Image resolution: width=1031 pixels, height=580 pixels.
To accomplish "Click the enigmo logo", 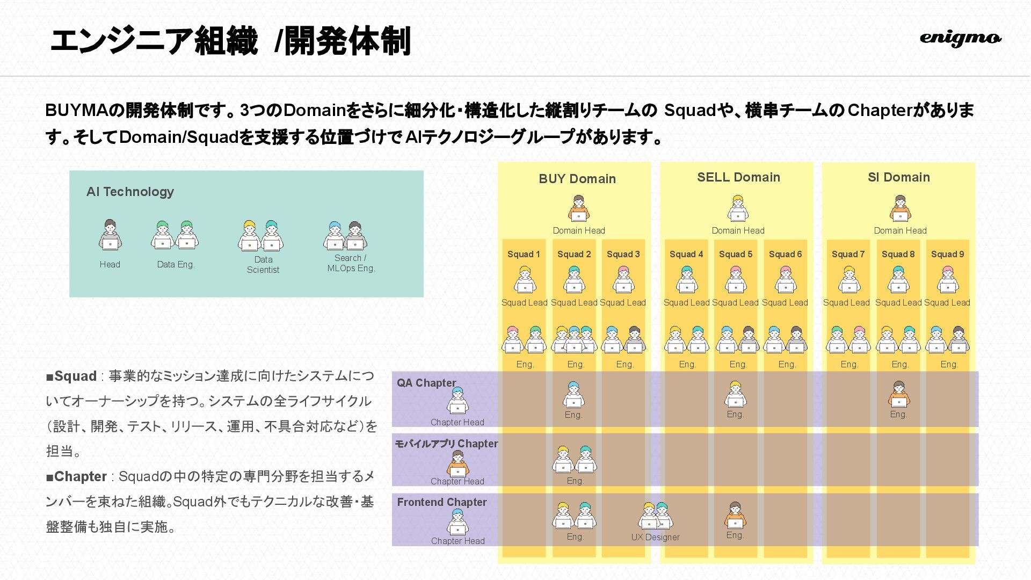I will tap(960, 38).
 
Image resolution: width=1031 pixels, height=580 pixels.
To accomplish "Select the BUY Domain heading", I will tap(577, 179).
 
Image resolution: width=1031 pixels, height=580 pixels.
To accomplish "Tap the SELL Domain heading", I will tap(738, 177).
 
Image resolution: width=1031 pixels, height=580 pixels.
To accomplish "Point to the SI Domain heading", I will tap(899, 177).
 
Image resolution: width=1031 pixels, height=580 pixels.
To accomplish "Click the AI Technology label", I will tap(130, 192).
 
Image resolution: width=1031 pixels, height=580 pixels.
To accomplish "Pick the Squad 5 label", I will tap(736, 254).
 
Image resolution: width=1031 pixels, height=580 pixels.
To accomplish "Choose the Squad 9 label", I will tap(947, 254).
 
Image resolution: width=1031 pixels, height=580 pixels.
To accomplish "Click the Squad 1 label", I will tap(524, 254).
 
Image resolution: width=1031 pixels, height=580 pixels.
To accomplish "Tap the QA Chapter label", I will tap(426, 383).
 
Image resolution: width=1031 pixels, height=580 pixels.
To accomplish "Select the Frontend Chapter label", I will tap(442, 502).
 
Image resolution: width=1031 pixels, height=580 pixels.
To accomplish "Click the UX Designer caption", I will tap(655, 537).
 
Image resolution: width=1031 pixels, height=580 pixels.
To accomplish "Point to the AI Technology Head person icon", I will tap(110, 235).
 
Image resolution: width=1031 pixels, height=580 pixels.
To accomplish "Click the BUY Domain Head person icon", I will tap(578, 208).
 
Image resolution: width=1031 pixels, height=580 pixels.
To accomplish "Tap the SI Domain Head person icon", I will tap(900, 208).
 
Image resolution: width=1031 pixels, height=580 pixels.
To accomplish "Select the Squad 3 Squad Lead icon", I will tap(623, 279).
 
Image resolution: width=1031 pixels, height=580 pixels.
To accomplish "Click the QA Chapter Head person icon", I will tap(458, 401).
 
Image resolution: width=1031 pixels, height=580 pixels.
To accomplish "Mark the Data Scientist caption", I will tap(263, 265).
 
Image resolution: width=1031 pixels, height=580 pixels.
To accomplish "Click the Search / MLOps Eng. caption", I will tap(351, 263).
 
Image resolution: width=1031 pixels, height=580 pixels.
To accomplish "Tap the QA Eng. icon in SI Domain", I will tap(898, 395).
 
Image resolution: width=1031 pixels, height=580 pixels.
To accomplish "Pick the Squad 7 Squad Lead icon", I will tap(848, 279).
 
